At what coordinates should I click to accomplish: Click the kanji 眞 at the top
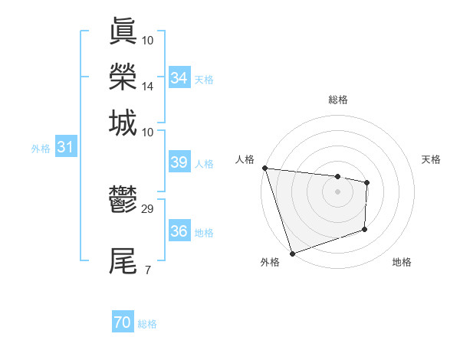coord(123,31)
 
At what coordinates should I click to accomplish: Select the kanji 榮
coord(123,77)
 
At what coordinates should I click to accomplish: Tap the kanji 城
coord(123,123)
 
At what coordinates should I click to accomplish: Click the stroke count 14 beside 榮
coord(148,87)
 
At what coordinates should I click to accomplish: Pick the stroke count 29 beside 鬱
coord(148,208)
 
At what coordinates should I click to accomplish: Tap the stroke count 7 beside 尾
coord(147,270)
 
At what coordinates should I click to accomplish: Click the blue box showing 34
coord(179,78)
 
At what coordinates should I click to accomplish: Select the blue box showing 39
coord(179,162)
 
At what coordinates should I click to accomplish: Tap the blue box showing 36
coord(179,231)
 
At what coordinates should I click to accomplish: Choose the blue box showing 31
coord(65,148)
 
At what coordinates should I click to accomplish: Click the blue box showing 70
coord(123,323)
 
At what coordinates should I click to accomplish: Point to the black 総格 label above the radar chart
coord(338,100)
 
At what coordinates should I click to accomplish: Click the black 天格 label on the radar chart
coord(432,159)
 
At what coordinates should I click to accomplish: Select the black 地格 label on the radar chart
coord(402,262)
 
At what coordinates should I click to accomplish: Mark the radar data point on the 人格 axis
coord(264,168)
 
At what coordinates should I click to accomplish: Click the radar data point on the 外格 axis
coord(292,254)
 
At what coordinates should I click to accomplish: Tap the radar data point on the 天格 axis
coord(367,182)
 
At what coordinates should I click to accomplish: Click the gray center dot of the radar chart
coord(338,191)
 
